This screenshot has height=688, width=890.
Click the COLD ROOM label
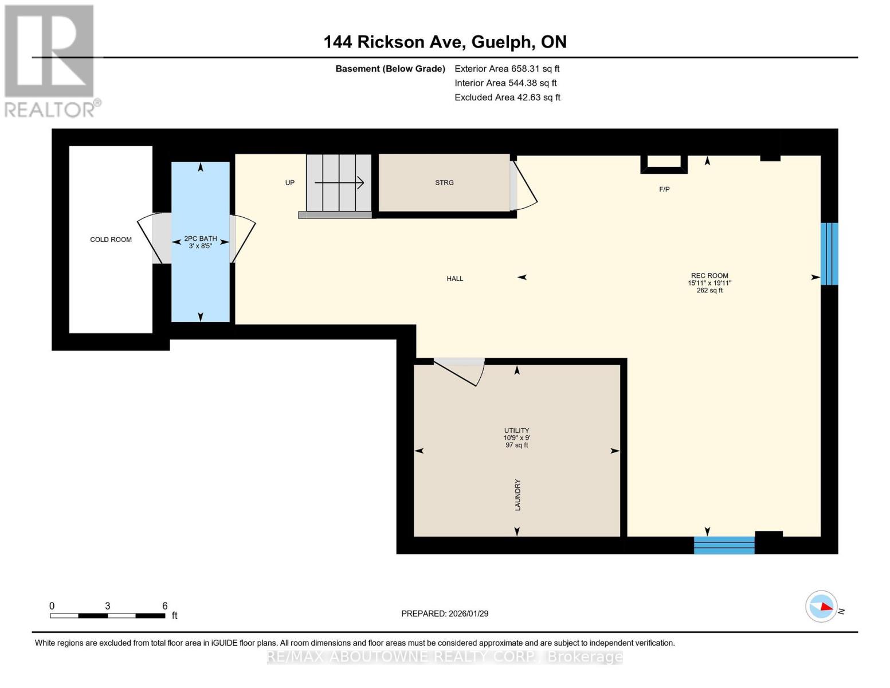[x=111, y=240]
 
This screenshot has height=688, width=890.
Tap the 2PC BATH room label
[x=201, y=239]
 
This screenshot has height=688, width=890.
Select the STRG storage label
[x=444, y=183]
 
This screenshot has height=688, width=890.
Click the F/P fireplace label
[x=664, y=189]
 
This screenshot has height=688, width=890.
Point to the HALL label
[x=455, y=279]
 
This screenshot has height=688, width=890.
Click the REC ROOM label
[x=709, y=276]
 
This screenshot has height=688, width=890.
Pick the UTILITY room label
[x=516, y=431]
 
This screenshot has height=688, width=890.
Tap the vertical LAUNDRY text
[x=517, y=495]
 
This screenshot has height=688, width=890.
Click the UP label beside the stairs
[x=290, y=183]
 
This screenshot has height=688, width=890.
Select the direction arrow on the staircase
[x=339, y=183]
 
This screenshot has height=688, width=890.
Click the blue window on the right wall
[x=829, y=253]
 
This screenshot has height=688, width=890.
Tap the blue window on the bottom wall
[x=724, y=545]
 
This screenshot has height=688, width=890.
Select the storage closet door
[x=523, y=185]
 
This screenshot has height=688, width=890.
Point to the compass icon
[x=821, y=606]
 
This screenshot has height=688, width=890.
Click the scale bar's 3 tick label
[x=108, y=606]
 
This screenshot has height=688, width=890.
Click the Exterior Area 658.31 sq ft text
[x=507, y=69]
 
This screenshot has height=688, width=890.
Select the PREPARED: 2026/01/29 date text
[x=445, y=613]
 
